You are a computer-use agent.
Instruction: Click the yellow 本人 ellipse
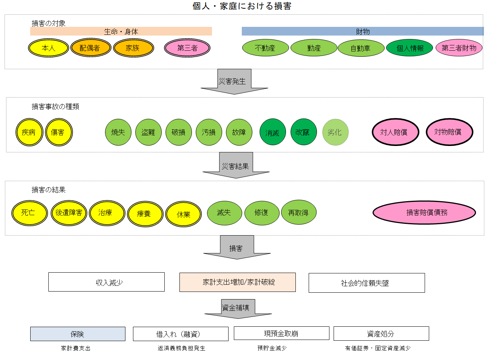coord(48,48)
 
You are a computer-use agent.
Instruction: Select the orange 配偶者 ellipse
coord(91,48)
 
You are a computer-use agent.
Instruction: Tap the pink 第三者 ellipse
coord(187,48)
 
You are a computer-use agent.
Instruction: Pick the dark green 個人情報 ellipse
coord(410,48)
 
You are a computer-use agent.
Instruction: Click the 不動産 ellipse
coord(265,48)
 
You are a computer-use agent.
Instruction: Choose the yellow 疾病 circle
coord(29,132)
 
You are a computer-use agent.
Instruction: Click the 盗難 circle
coord(148,132)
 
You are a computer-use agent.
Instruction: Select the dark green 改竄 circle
coord(303,132)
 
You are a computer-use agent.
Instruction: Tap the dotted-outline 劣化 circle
coord(335,132)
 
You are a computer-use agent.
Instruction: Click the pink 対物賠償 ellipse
coord(449,132)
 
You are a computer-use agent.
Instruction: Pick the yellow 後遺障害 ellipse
coord(69,213)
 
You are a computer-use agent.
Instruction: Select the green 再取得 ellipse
coord(298,213)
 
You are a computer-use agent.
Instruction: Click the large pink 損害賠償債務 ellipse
coord(424,213)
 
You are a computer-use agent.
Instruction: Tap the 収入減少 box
coord(107,282)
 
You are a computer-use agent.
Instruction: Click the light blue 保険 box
coord(78,334)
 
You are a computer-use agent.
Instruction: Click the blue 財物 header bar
coord(363,31)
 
